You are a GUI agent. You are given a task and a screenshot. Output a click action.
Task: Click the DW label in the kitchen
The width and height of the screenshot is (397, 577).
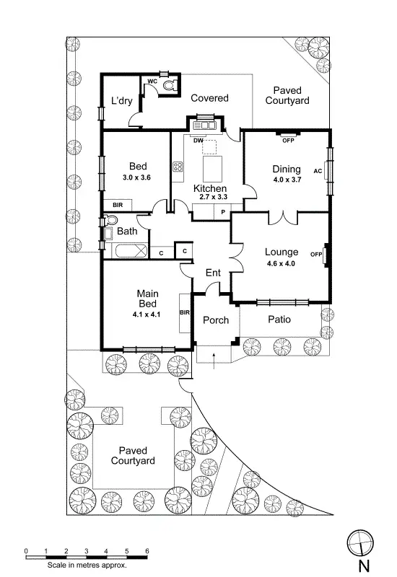click(197, 140)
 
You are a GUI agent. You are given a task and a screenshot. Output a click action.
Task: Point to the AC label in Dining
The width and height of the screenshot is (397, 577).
click(318, 172)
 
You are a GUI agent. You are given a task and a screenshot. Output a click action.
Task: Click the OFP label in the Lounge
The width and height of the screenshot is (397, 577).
click(315, 255)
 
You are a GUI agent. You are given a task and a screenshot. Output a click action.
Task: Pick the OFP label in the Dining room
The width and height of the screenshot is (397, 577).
click(288, 140)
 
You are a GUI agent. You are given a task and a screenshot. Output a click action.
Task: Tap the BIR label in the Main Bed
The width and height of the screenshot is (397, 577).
click(184, 312)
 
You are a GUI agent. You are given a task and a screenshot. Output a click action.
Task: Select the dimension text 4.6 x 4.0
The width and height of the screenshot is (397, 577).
click(281, 264)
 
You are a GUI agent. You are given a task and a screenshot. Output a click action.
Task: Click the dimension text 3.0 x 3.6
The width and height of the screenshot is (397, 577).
click(136, 177)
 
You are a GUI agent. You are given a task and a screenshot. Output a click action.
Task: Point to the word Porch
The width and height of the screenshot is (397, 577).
click(215, 320)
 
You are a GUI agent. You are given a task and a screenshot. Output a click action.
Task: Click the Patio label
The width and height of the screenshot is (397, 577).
click(279, 319)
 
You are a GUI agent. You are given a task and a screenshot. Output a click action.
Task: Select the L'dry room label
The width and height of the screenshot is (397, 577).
click(121, 101)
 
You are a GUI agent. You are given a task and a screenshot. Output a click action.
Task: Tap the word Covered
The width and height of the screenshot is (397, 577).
click(209, 98)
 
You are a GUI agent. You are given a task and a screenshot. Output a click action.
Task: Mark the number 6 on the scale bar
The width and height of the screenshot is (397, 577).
click(147, 551)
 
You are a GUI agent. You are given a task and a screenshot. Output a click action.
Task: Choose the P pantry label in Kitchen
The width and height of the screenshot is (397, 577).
click(223, 212)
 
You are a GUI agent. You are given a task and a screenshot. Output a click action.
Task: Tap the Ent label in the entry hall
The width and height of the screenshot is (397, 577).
click(213, 273)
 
